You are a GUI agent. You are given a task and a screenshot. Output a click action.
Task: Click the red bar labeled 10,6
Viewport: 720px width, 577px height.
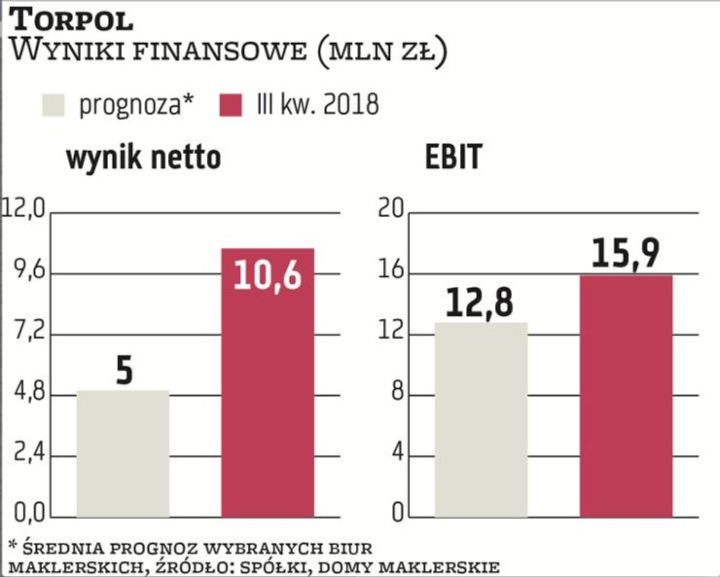click(x=269, y=389)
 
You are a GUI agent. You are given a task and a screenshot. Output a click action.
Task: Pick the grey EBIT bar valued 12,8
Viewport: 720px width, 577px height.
click(x=481, y=420)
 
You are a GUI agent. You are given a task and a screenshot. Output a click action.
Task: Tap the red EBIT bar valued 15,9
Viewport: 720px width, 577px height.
click(x=627, y=397)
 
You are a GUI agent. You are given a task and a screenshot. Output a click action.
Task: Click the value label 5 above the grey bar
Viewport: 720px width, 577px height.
click(x=124, y=371)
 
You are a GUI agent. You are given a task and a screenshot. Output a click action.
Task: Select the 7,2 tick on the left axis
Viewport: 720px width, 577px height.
click(x=27, y=333)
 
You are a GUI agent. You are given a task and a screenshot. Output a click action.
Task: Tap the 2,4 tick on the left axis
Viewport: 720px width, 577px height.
click(x=27, y=455)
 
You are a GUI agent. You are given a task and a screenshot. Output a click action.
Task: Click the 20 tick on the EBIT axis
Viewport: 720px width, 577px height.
click(x=390, y=208)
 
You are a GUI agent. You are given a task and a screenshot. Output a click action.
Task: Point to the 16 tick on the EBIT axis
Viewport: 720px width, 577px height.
click(x=390, y=271)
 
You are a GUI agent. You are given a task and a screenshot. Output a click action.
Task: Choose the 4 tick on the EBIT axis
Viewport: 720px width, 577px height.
click(x=396, y=455)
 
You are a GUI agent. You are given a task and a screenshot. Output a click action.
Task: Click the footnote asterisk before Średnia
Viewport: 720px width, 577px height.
click(x=14, y=544)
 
